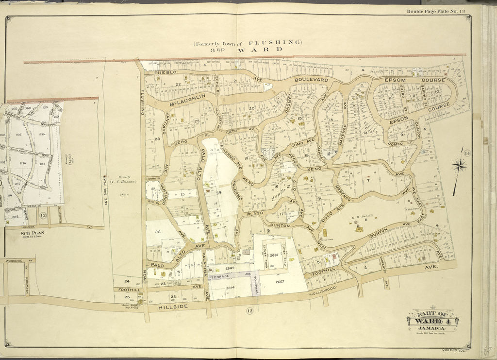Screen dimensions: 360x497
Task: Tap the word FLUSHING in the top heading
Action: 275,42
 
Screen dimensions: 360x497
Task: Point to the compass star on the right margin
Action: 459,166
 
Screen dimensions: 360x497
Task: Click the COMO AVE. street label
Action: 304,143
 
